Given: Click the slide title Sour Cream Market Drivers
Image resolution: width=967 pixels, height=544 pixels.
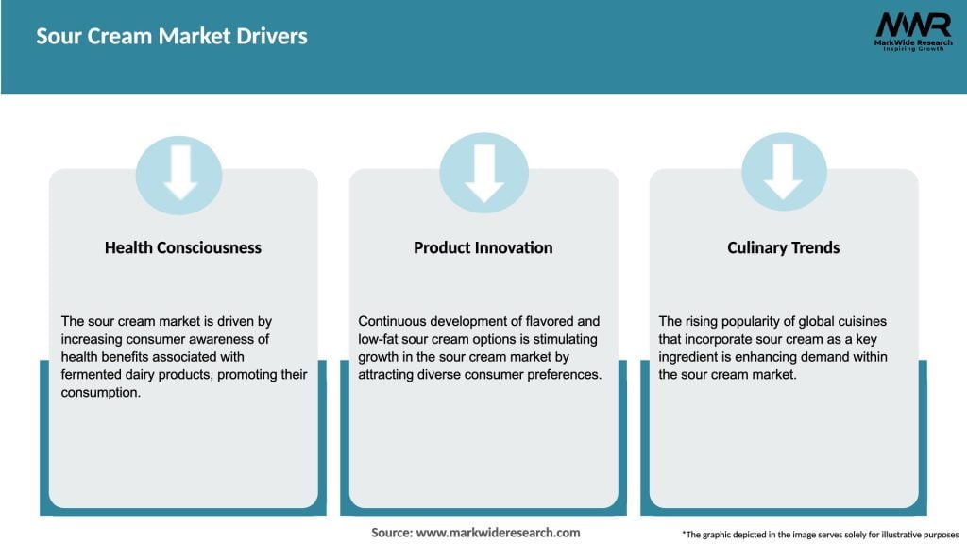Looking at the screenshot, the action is (172, 37).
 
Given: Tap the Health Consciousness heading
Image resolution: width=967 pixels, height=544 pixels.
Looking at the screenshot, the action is (183, 247).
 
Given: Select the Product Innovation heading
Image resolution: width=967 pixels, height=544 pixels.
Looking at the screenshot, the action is (483, 247).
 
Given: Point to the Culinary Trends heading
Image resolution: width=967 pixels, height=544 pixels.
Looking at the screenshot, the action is (783, 247).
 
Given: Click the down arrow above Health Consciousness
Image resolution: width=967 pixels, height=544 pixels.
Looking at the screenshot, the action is (179, 176).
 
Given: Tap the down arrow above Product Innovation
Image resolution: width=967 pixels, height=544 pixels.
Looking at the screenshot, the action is (483, 176).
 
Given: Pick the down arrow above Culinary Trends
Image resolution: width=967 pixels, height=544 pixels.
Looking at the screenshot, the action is (783, 176).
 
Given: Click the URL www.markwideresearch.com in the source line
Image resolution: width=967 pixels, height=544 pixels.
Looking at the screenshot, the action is (499, 533).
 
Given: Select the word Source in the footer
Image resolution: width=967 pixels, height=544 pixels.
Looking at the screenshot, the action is (391, 533).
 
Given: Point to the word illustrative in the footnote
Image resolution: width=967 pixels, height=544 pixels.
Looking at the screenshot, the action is (885, 534).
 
